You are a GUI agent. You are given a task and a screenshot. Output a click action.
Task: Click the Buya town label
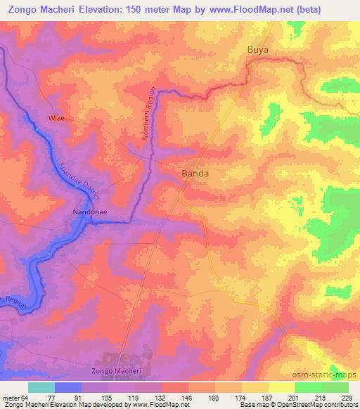258,51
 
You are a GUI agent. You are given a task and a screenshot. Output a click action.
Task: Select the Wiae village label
56,118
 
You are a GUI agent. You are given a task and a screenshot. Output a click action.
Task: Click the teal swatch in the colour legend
41,387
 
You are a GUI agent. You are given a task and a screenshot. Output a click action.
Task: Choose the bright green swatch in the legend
308,387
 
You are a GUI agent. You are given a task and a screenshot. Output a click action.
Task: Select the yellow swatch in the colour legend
281,387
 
